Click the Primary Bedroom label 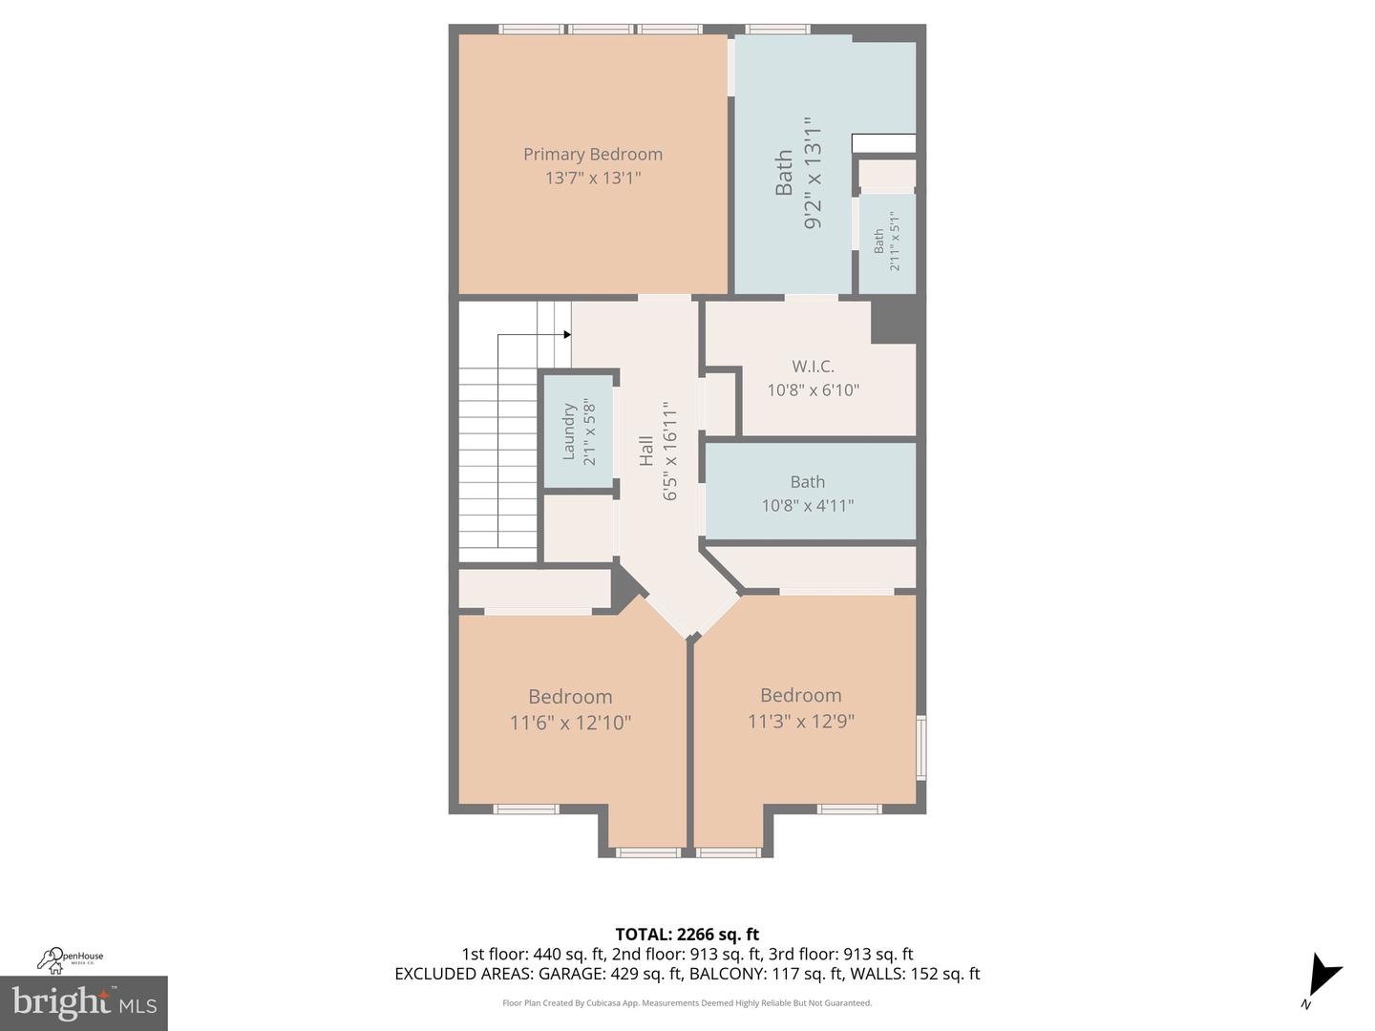pyautogui.click(x=592, y=154)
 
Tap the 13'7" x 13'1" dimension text pyautogui.click(x=592, y=178)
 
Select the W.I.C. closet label pyautogui.click(x=813, y=366)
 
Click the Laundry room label pyautogui.click(x=569, y=431)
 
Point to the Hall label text pyautogui.click(x=646, y=451)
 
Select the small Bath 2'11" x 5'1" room pyautogui.click(x=886, y=242)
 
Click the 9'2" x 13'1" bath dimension pyautogui.click(x=813, y=173)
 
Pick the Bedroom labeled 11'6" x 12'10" pyautogui.click(x=570, y=708)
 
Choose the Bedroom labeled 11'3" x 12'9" pyautogui.click(x=800, y=707)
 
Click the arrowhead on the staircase pyautogui.click(x=566, y=334)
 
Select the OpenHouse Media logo pyautogui.click(x=71, y=957)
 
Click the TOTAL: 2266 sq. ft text pyautogui.click(x=687, y=934)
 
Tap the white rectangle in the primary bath pyautogui.click(x=883, y=143)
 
